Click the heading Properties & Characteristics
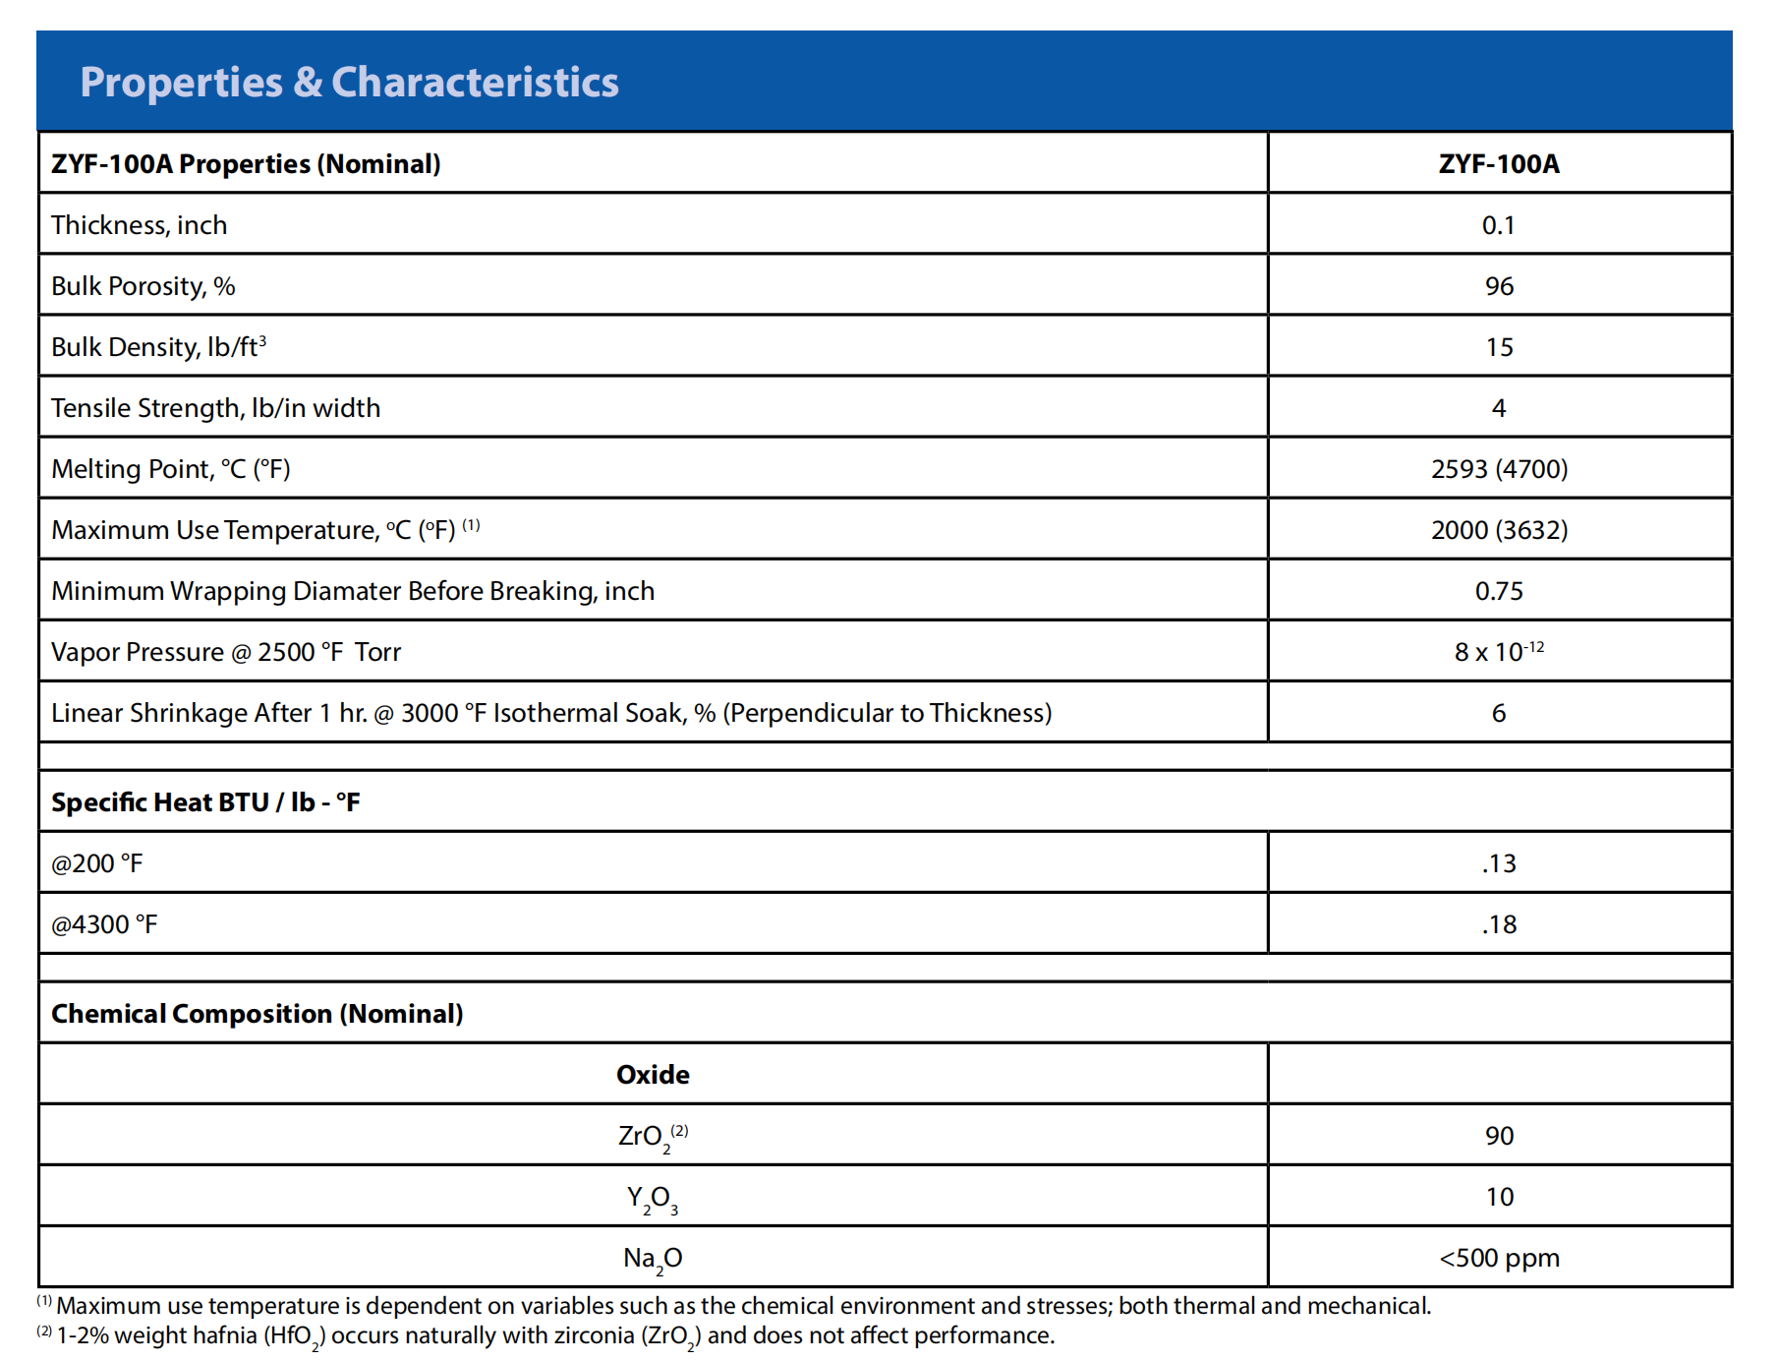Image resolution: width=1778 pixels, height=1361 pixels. pos(349,82)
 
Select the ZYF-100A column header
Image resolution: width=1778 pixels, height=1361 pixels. pos(1499,163)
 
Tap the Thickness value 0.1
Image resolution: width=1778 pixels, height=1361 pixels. pos(1499,225)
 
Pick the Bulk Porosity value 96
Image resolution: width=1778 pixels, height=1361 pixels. pos(1499,286)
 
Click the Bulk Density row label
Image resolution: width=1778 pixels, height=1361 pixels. pos(158,346)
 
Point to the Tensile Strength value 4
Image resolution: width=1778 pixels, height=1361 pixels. pos(1499,408)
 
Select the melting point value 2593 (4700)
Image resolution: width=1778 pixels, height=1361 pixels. pos(1499,469)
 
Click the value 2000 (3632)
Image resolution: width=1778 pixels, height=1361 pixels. pos(1499,530)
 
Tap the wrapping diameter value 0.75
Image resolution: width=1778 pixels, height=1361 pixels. pos(1499,591)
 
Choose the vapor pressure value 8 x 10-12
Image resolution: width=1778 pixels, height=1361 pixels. pos(1499,651)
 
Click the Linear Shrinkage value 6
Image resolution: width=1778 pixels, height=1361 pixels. pos(1499,713)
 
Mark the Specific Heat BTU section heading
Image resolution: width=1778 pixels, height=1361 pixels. pos(205,802)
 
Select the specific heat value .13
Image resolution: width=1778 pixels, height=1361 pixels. pos(1499,863)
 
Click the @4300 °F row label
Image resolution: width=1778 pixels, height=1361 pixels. pos(104,924)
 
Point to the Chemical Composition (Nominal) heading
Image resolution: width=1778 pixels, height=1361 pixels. pos(257,1014)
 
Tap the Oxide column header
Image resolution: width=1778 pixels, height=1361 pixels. pos(653,1075)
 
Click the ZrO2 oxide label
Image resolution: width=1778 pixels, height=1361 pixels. pos(653,1138)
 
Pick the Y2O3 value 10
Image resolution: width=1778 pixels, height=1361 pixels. pos(1499,1197)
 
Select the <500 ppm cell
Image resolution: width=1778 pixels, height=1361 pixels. pos(1499,1258)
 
